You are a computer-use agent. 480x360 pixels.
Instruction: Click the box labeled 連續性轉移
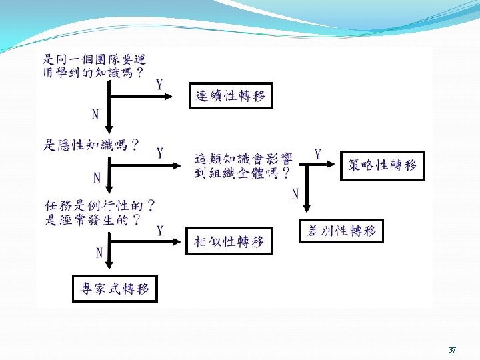point(230,96)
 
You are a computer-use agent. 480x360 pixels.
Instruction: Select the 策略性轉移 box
point(382,165)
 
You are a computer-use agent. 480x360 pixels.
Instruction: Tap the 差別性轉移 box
point(341,231)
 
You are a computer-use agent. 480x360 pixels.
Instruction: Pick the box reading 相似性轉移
point(229,241)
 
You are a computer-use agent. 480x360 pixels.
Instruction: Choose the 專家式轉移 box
point(115,289)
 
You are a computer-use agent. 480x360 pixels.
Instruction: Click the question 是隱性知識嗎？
point(92,145)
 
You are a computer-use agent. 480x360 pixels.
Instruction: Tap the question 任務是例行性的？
point(101,205)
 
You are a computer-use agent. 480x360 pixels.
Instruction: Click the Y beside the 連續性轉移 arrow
point(159,85)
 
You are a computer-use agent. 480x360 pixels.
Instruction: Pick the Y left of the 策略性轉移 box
point(317,154)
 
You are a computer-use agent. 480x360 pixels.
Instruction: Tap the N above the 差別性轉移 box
point(295,194)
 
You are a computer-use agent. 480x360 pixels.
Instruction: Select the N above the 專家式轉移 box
point(99,253)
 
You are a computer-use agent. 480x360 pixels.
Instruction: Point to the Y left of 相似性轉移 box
point(160,231)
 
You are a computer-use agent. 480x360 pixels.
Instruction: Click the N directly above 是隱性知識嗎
point(95,114)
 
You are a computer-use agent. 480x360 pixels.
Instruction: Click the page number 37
point(452,349)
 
